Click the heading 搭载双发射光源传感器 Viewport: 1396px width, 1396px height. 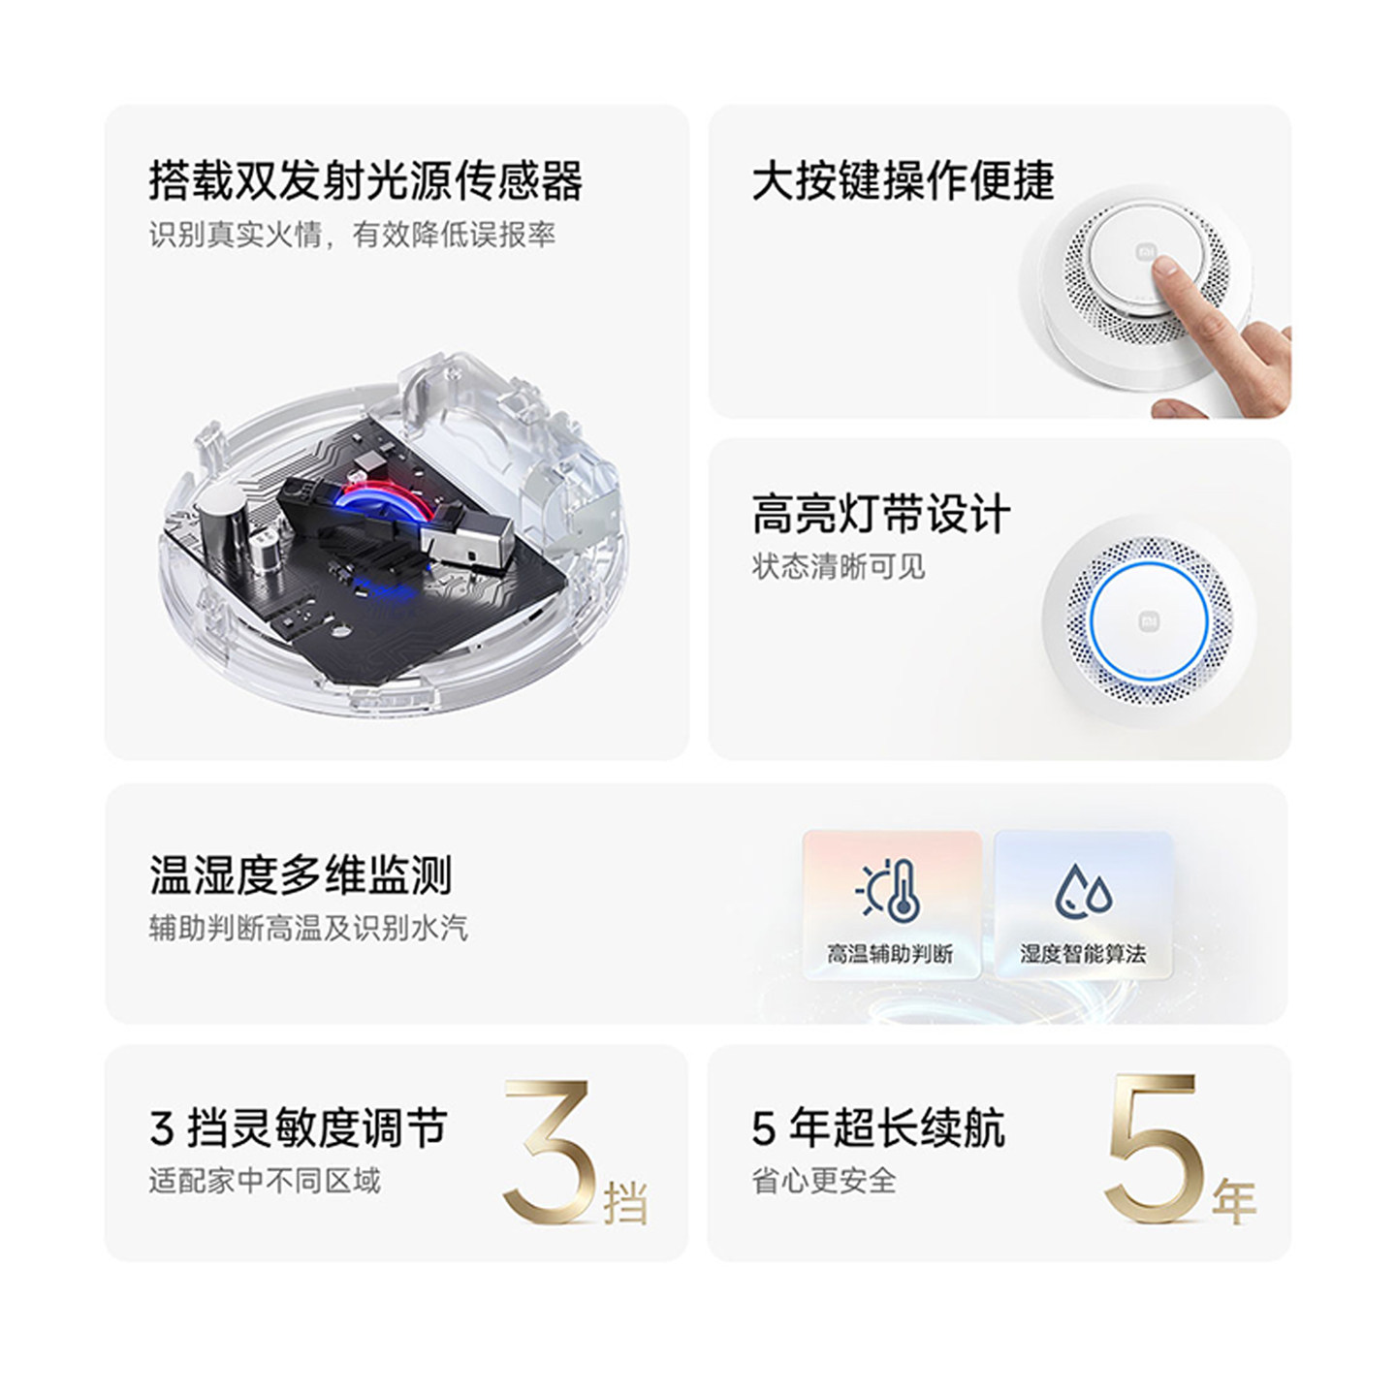[365, 180]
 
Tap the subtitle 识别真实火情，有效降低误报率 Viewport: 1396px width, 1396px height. [352, 235]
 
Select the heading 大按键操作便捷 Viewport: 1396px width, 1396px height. [903, 180]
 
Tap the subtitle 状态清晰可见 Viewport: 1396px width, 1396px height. [839, 567]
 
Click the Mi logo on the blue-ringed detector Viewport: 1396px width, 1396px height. [1149, 620]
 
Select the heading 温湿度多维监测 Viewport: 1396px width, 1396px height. [301, 875]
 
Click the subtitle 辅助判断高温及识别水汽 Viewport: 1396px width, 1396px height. [308, 929]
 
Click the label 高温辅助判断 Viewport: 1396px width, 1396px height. [890, 953]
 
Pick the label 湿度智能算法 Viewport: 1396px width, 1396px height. [1083, 953]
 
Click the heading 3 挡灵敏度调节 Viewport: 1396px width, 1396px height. [299, 1128]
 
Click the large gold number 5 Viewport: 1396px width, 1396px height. [1154, 1149]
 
